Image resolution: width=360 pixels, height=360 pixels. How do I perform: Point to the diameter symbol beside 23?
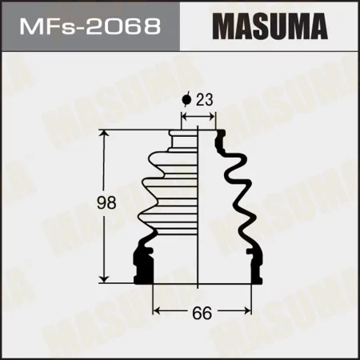pos(186,101)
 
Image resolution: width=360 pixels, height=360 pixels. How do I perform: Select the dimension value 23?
pos(205,101)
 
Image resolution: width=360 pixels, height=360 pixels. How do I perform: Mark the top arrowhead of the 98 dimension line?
pos(103,134)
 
